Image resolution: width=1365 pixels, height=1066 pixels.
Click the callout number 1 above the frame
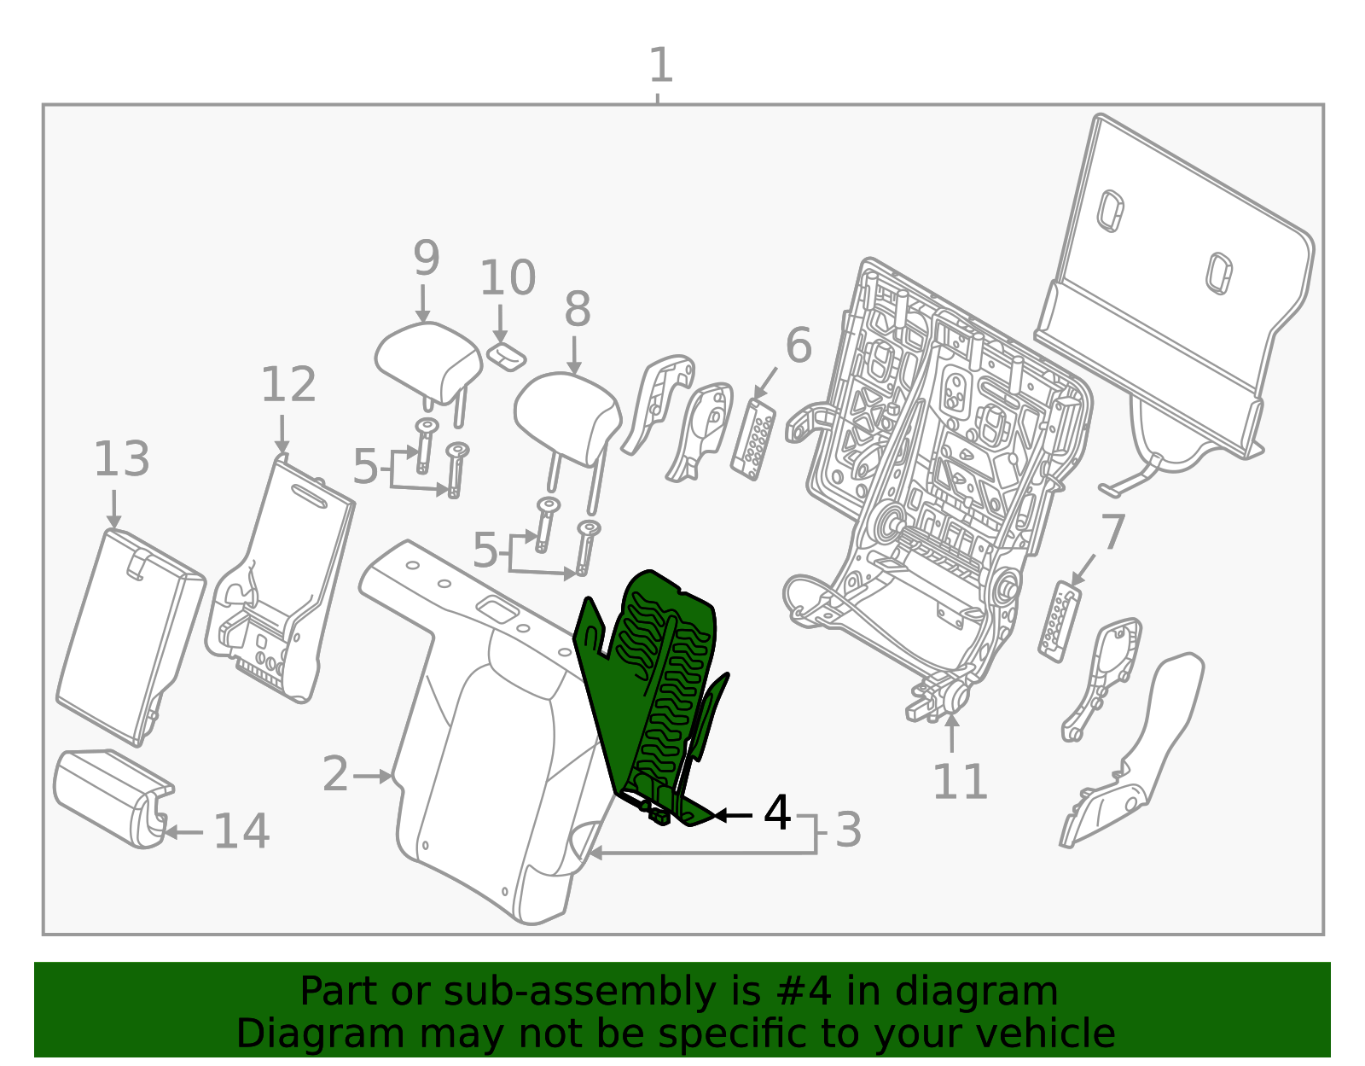click(661, 65)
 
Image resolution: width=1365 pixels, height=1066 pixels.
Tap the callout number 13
click(122, 458)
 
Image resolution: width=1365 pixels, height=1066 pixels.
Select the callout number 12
click(288, 384)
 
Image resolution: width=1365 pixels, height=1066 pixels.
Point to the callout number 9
click(427, 258)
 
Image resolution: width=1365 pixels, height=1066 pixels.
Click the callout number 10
click(508, 277)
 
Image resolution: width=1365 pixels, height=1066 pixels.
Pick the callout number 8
click(578, 309)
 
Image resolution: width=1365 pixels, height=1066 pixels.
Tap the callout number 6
click(799, 346)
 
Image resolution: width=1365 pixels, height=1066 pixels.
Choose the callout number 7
click(1112, 533)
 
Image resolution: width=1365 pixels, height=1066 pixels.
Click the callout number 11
click(960, 782)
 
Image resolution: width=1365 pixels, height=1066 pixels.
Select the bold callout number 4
click(777, 813)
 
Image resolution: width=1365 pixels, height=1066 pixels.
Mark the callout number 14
click(241, 831)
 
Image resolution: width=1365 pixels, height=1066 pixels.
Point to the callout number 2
click(334, 774)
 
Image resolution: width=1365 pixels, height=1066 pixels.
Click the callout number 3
click(849, 830)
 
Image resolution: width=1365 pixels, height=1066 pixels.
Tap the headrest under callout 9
click(429, 363)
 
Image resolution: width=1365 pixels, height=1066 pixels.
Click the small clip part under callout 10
click(506, 358)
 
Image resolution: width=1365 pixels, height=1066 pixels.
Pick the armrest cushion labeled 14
click(113, 798)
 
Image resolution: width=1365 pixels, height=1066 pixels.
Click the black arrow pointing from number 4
click(733, 815)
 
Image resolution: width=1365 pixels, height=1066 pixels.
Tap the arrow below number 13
click(113, 510)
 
